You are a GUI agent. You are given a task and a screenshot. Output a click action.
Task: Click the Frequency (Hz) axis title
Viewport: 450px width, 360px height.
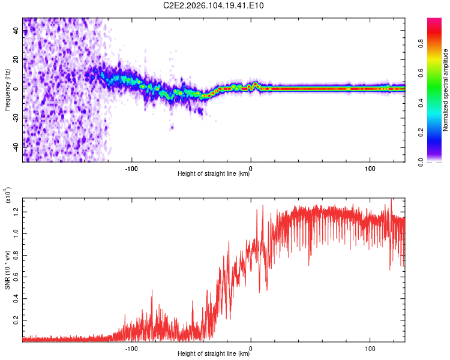7,90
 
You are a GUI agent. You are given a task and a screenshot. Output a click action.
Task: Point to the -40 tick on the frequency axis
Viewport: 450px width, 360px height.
14,146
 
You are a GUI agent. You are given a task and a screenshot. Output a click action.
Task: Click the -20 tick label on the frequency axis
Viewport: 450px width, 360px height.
14,117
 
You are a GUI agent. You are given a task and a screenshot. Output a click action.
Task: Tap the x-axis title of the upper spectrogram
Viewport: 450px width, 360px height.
214,174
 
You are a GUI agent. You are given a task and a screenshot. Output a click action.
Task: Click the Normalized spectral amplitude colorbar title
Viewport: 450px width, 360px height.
445,90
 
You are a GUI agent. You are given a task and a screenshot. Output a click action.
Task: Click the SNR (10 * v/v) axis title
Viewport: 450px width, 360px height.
7,270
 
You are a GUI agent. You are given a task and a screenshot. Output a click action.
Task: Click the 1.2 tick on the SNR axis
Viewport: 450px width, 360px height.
16,211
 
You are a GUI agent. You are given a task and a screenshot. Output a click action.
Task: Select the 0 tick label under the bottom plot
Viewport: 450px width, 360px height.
251,347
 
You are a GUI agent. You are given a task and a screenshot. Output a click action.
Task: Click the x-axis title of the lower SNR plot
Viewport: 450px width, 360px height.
214,354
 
